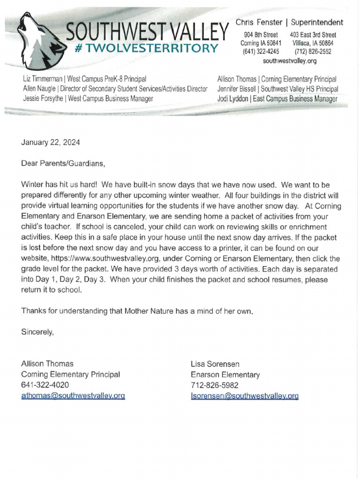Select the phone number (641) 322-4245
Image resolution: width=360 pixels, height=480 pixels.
point(261,52)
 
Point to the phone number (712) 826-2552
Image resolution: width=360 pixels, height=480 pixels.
point(313,52)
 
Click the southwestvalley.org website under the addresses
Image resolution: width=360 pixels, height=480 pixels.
point(290,61)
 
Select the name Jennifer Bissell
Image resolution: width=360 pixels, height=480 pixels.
point(237,89)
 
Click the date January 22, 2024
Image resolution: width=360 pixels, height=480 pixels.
point(47,142)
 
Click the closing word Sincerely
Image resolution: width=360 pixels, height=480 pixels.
point(37,332)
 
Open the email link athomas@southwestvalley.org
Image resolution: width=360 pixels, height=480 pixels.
point(73,396)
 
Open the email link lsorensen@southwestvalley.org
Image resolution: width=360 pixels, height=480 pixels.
point(244,396)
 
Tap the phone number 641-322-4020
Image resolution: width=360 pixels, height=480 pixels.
point(45,385)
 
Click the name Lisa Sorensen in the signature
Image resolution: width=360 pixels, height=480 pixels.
point(215,364)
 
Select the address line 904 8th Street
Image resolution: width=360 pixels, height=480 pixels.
point(261,35)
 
